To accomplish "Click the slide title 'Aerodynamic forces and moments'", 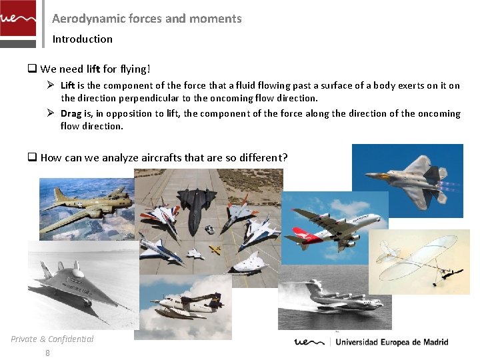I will click(147, 19).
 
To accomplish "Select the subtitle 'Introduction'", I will click(83, 39).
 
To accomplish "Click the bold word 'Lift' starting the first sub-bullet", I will click(67, 85).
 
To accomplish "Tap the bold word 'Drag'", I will click(71, 113).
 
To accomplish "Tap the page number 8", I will click(47, 353).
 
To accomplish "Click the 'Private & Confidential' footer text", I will click(52, 339).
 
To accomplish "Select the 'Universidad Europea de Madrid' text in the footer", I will click(391, 342).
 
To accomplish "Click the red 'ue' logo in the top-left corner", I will click(17, 19).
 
